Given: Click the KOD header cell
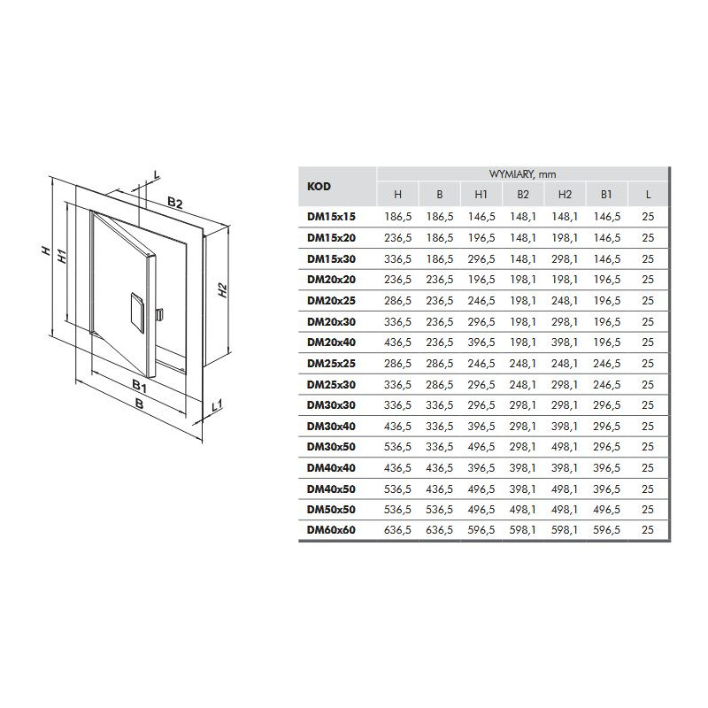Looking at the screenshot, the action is point(319,187).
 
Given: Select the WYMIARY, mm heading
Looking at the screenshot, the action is point(522,174).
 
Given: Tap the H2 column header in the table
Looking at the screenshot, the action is point(565,195).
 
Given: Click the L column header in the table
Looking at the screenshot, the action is point(648,195).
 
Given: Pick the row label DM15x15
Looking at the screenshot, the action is point(331,217).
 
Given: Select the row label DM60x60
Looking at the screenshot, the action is point(331,530).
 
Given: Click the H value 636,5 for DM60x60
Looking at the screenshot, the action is point(397,530).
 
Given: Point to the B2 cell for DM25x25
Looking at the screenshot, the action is point(523,364).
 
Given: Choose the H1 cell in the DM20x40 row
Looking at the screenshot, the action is point(481,342).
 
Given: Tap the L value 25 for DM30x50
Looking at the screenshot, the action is point(648,447).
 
